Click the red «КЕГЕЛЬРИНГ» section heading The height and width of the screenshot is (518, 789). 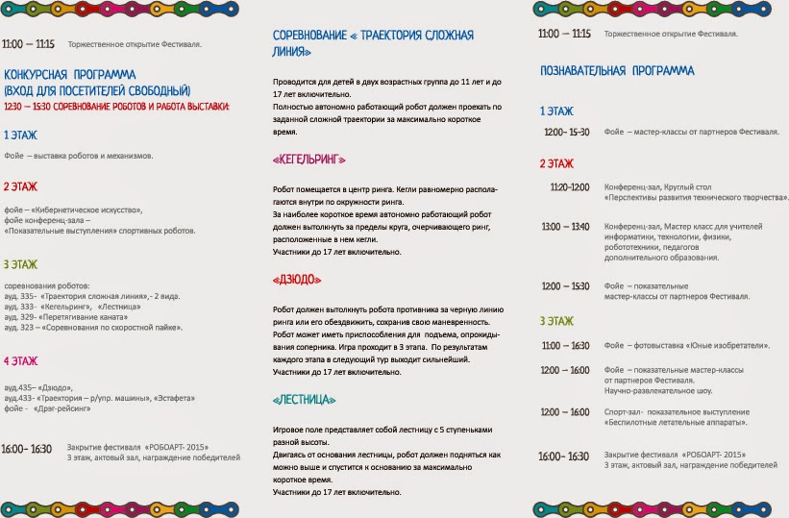coord(309,159)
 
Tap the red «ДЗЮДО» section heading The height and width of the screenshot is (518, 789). coord(297,280)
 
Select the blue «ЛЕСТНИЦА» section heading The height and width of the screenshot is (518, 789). coord(305,399)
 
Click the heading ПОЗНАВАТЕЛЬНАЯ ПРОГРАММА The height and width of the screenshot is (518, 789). coord(617,71)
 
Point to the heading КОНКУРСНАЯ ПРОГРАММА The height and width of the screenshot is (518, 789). coord(69,74)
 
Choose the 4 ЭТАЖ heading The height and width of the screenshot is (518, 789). coord(21,361)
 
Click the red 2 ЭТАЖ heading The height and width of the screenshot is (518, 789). coord(21,186)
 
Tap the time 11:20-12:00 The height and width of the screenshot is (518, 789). coord(570,186)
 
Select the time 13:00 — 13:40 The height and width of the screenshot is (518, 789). coord(565,227)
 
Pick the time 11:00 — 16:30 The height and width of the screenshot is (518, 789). coord(565,345)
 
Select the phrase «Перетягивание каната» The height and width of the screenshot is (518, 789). coord(81,316)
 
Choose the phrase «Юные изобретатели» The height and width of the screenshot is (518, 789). coord(736,345)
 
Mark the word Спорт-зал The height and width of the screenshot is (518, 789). coord(624,411)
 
